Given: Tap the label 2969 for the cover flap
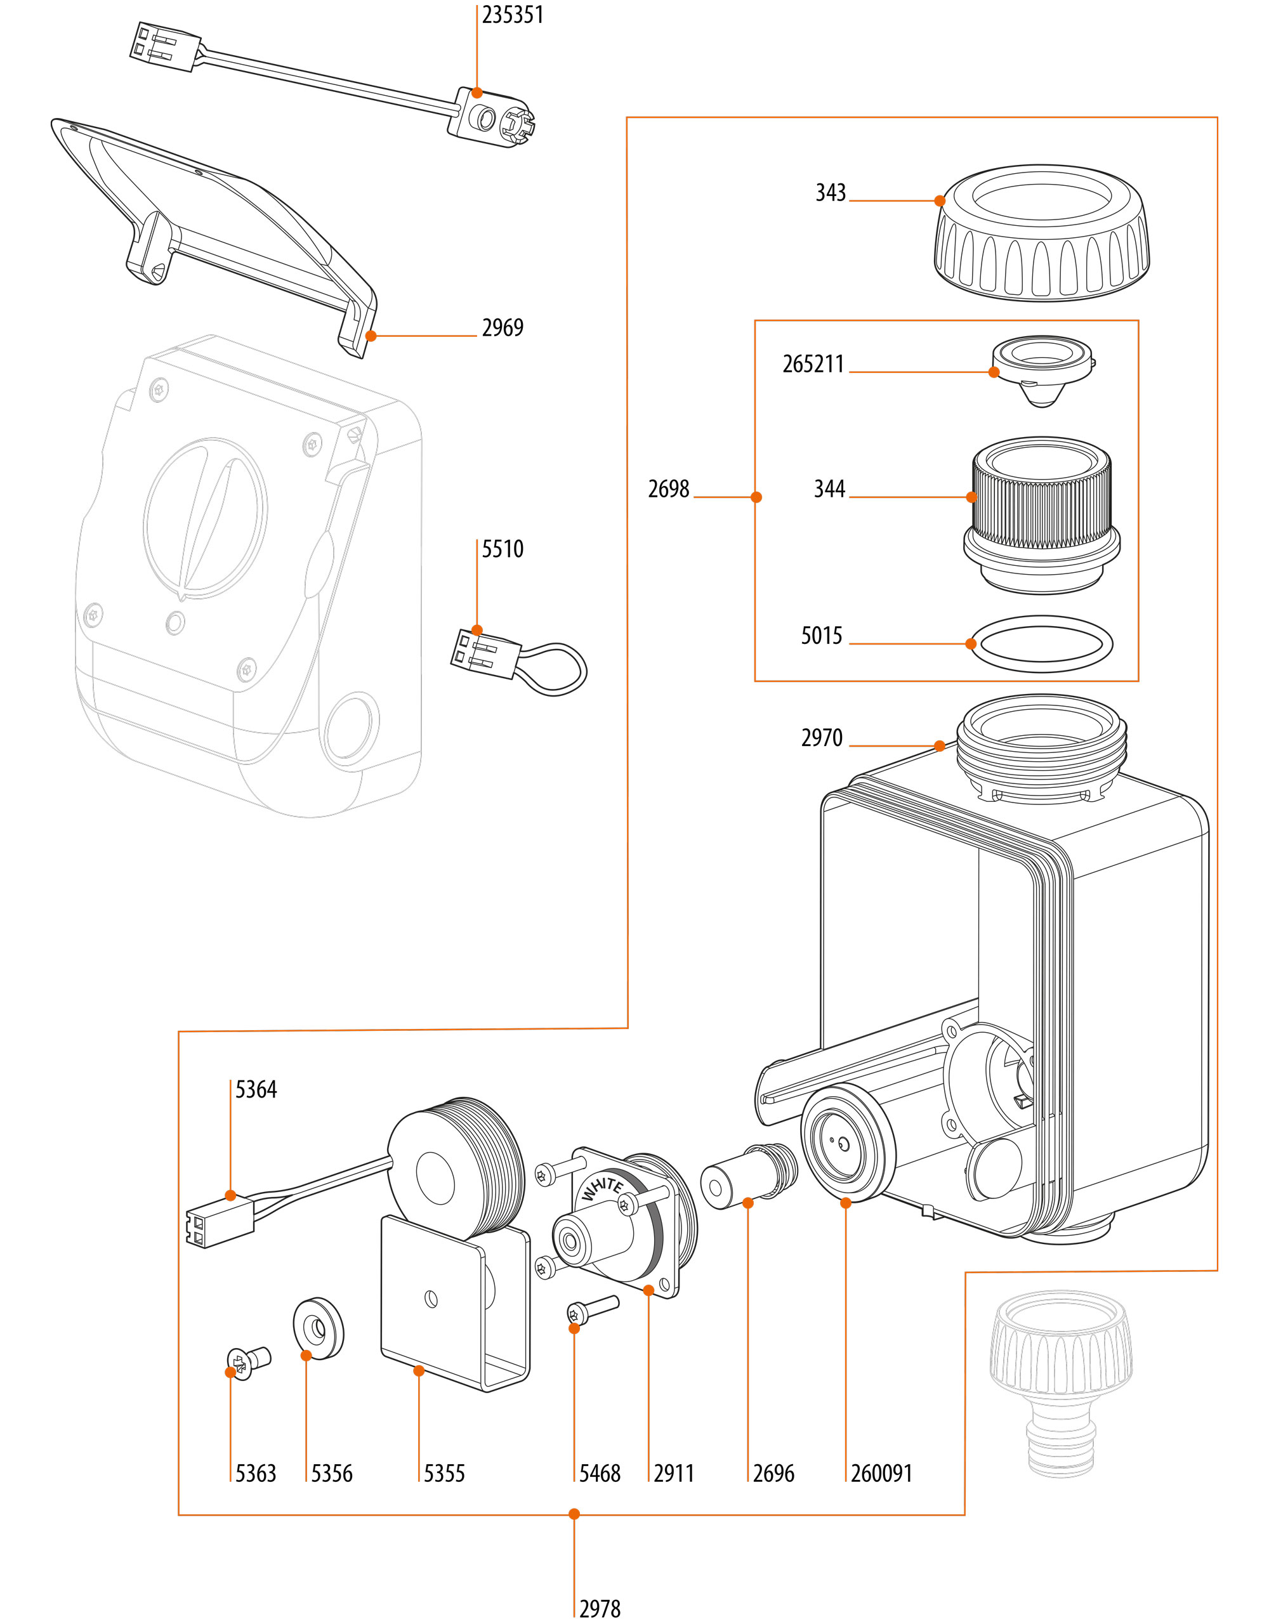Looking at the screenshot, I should click(502, 328).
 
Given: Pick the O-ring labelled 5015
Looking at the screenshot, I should click(1041, 643).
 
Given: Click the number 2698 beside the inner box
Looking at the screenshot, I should click(668, 489).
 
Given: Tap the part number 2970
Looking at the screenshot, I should click(821, 738).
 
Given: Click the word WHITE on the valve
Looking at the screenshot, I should click(603, 1188).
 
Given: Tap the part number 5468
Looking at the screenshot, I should click(600, 1473).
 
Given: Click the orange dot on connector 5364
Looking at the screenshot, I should click(230, 1196).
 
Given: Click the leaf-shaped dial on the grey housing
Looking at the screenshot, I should click(206, 518).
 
